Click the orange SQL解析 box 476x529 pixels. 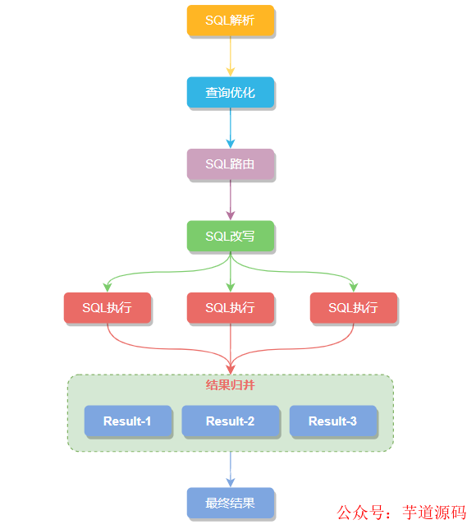[230, 20]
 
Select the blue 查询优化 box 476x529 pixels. [230, 92]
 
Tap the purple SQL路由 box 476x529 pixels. [230, 163]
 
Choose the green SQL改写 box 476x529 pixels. [230, 236]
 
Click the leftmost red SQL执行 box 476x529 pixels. [108, 307]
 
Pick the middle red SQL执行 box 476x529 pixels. [230, 307]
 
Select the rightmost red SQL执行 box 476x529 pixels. [353, 307]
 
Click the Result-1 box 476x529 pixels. [127, 421]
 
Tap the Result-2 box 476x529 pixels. [230, 421]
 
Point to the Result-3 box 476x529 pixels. [332, 421]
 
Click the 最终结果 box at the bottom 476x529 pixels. [230, 502]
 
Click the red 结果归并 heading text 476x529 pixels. [230, 384]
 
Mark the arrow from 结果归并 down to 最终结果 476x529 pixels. [230, 470]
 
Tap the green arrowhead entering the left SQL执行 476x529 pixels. [108, 287]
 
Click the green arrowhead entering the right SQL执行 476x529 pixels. [353, 287]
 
